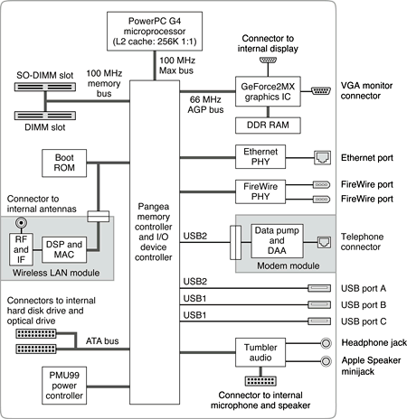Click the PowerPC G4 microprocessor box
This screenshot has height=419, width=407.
(155, 32)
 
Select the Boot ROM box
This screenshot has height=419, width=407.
(64, 163)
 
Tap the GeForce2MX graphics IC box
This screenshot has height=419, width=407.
(268, 91)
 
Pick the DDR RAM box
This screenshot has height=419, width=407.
(268, 126)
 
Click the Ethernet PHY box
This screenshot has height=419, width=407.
(260, 157)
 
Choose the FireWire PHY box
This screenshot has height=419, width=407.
(260, 191)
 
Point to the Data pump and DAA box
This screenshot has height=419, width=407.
(277, 241)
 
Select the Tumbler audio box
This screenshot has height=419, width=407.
(260, 352)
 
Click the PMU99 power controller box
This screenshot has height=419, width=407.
(64, 386)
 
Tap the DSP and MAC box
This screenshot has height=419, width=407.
(64, 249)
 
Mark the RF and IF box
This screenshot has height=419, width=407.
(21, 249)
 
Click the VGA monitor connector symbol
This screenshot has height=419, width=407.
(321, 90)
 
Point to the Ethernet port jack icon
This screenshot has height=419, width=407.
(322, 158)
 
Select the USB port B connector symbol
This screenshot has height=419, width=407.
(319, 305)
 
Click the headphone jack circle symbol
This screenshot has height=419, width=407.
(326, 343)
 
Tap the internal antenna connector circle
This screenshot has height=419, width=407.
(21, 223)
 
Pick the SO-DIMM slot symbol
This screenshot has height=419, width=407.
(45, 87)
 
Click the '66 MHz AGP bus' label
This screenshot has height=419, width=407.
(205, 105)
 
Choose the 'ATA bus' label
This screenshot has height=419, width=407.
(102, 341)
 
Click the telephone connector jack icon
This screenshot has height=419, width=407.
(324, 242)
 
